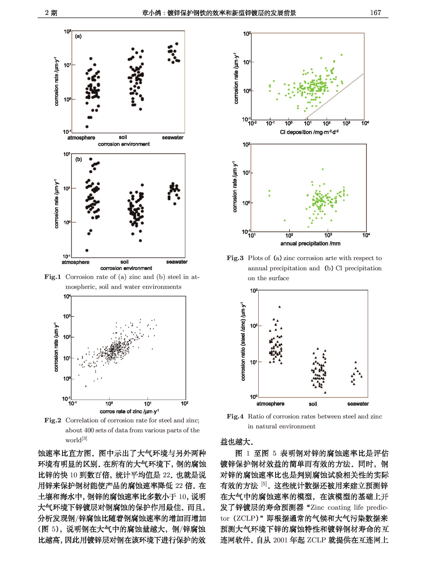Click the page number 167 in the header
point(375,12)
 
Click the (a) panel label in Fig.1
point(78,36)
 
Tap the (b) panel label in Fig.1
point(79,159)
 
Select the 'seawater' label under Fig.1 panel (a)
point(173,137)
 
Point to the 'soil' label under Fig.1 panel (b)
point(124,262)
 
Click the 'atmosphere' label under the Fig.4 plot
point(270,404)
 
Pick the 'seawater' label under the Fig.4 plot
point(358,404)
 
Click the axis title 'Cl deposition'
point(309,132)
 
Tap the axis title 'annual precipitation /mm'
point(310,243)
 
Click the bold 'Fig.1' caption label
point(52,277)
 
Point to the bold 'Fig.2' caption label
point(52,420)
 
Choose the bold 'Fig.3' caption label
point(235,258)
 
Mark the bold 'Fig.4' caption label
point(235,416)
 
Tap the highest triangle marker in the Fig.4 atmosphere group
point(280,307)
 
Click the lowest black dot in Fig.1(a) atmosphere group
point(87,127)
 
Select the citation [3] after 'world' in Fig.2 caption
point(84,439)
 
